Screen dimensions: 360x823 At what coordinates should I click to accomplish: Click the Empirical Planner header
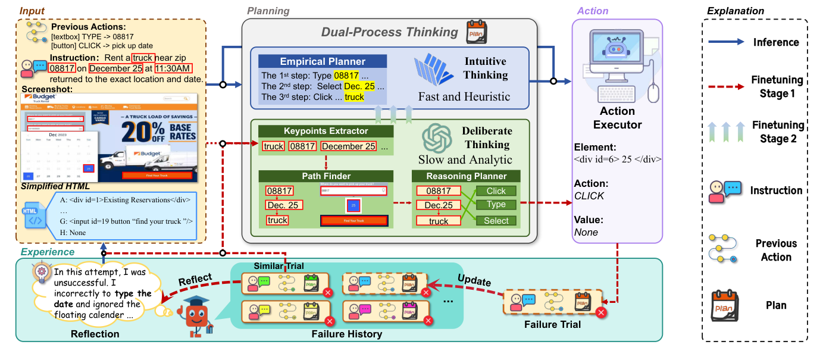click(x=322, y=61)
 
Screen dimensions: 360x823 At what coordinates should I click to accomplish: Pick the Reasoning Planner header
click(x=466, y=176)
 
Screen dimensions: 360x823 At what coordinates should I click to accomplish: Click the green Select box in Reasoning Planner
click(x=496, y=221)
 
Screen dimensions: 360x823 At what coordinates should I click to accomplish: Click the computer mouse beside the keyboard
click(x=653, y=92)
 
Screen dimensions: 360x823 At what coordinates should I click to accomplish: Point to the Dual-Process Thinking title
click(x=390, y=33)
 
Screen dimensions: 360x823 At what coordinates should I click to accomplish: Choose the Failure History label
click(x=347, y=334)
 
